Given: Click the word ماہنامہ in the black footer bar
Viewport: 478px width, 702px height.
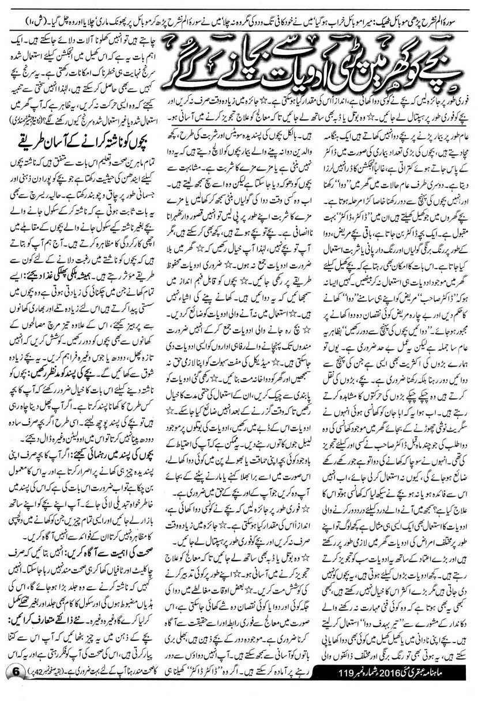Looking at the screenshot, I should tap(456, 689).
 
